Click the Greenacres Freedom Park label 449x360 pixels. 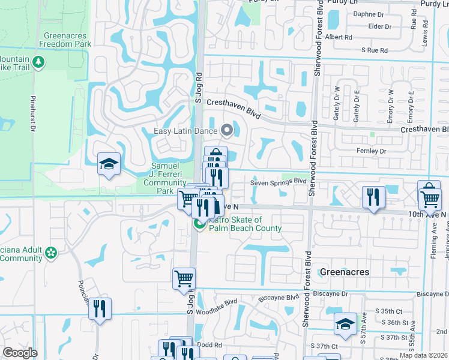tap(66, 40)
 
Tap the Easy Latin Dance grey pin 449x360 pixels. tap(227, 130)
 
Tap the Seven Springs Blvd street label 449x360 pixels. tap(279, 181)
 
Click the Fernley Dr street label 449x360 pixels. tap(371, 151)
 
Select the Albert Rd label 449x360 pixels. tap(339, 37)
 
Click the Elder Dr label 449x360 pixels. tap(379, 26)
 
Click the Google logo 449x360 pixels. tap(20, 353)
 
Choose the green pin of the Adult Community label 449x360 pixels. tap(51, 253)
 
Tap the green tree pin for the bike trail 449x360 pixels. tap(39, 62)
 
